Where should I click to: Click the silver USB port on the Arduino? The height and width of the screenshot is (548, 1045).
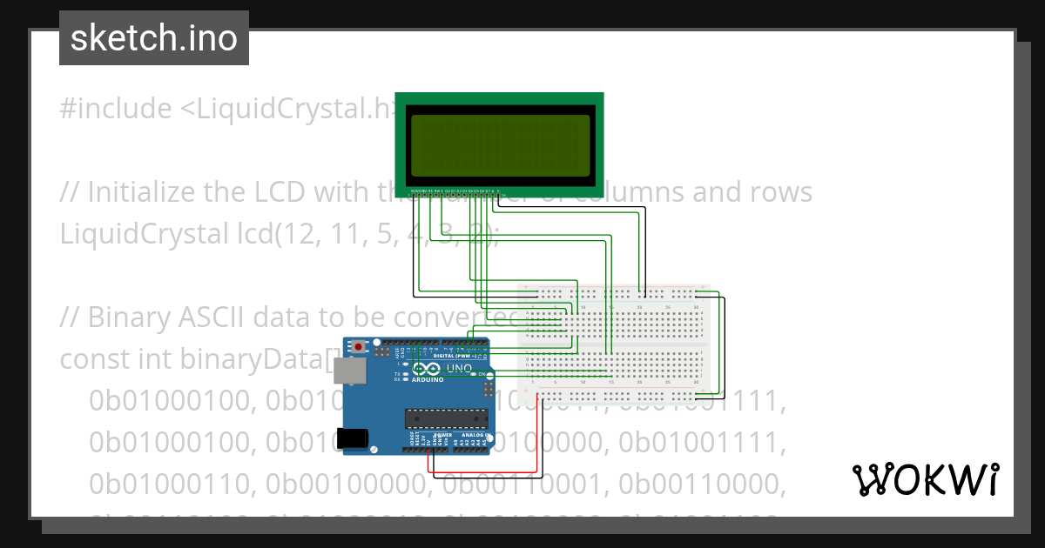(x=351, y=372)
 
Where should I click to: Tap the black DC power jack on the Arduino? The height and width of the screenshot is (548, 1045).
(x=353, y=438)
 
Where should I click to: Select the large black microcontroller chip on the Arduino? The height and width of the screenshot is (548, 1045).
(x=446, y=418)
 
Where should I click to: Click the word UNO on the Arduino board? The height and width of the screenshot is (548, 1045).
(x=460, y=369)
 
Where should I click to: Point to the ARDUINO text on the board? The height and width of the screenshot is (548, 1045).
(x=428, y=379)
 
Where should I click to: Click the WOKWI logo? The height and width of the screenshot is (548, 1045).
(x=925, y=479)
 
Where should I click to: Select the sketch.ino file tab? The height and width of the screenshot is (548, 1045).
(x=154, y=38)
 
